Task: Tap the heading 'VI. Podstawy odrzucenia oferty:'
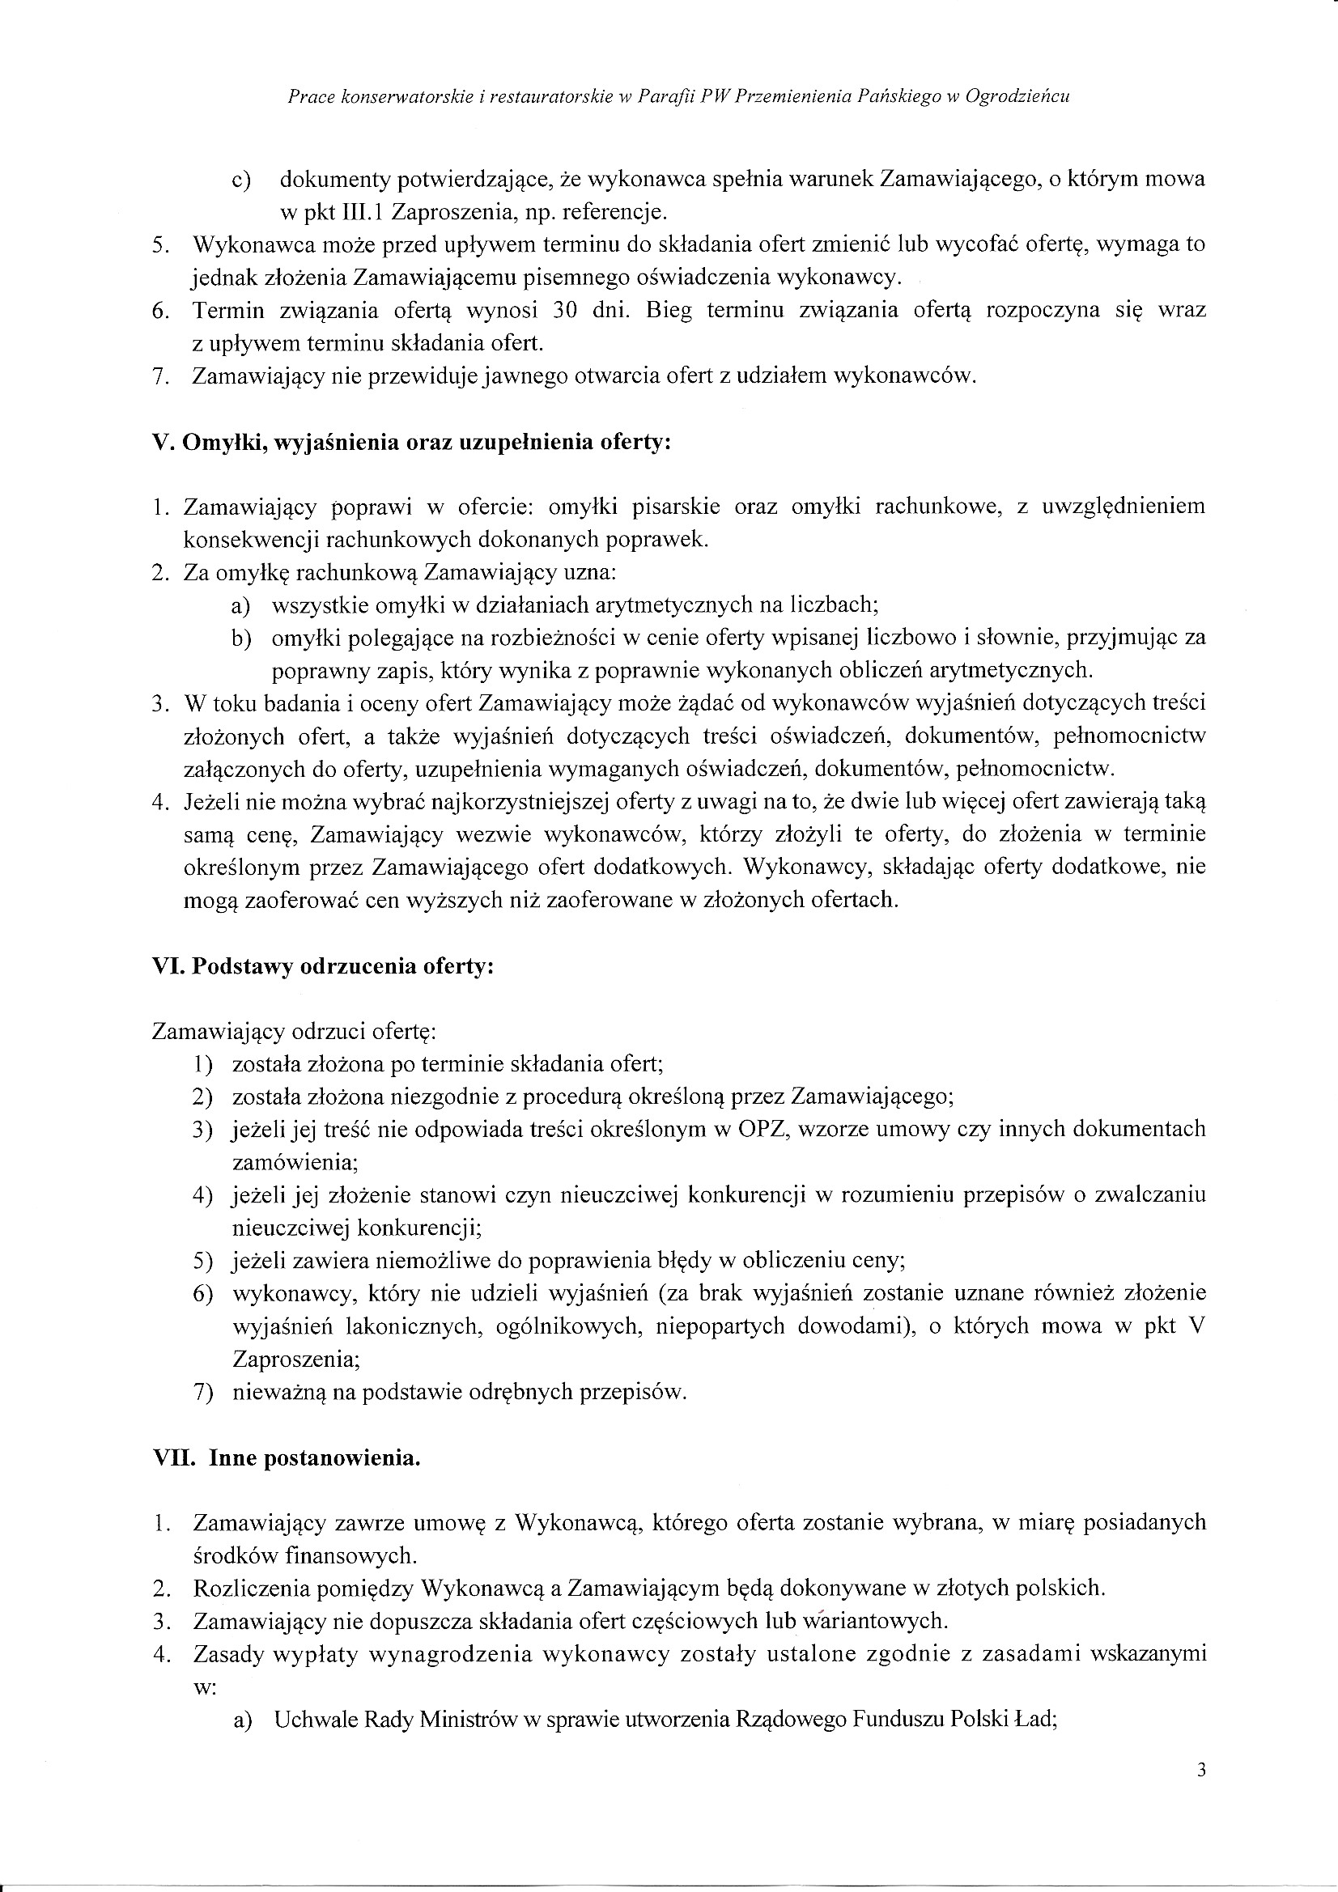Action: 323,965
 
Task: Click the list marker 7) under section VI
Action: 203,1393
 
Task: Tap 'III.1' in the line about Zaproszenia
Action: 360,212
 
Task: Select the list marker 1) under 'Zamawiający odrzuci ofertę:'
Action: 203,1064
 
